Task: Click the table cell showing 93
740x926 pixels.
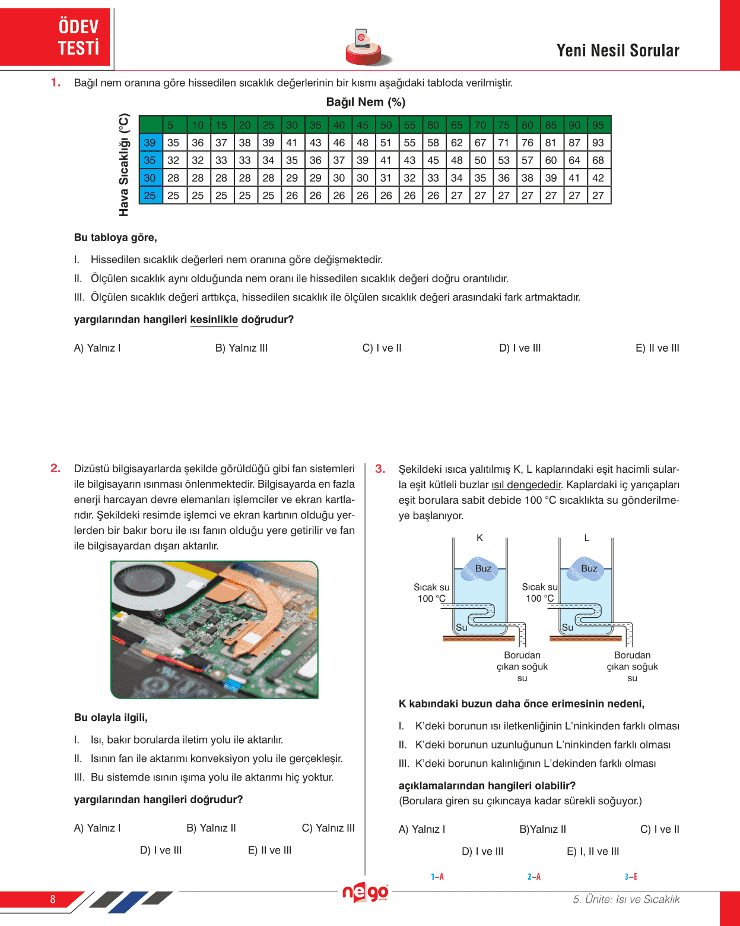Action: point(598,143)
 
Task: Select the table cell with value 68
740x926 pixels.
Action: point(598,160)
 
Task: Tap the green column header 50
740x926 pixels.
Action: point(386,125)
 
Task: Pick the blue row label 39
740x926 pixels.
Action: point(150,143)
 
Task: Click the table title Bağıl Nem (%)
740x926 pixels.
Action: point(366,102)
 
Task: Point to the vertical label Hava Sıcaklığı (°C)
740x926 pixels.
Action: point(123,165)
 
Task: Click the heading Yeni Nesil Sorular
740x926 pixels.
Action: point(618,50)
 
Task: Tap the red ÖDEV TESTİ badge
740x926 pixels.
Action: point(78,37)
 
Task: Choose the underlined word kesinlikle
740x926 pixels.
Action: point(214,320)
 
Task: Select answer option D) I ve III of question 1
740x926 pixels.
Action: point(520,348)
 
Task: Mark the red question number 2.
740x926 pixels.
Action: point(55,469)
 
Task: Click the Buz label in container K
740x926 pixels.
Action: point(483,568)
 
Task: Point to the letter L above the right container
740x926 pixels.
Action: point(587,538)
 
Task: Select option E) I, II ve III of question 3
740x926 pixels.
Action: point(593,851)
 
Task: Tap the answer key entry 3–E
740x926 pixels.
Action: point(631,877)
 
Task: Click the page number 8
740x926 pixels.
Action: point(53,899)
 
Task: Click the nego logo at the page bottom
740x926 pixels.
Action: point(365,892)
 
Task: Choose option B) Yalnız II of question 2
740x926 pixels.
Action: point(211,828)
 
